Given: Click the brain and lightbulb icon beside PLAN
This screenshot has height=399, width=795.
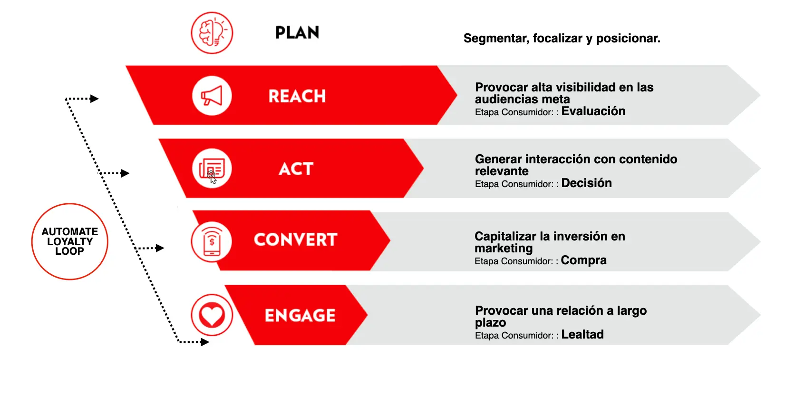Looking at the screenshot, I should pos(212,33).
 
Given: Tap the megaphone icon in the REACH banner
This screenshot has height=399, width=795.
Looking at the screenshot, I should pos(212,96).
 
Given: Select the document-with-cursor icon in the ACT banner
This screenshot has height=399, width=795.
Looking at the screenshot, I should pos(212,169).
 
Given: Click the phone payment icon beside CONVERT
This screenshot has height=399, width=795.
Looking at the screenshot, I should pos(212,241).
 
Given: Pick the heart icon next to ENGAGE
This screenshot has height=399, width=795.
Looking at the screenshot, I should pos(212,315).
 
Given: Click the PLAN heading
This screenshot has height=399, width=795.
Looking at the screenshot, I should pos(297,32).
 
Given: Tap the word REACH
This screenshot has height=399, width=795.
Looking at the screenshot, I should pos(297,96).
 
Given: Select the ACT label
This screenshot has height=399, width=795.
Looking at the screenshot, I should pos(296,169).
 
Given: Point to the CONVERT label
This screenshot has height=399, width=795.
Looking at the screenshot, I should pos(295,239).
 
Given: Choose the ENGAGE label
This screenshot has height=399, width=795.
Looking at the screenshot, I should pos(300,315).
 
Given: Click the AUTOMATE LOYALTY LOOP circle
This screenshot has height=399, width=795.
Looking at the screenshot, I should pos(70,241).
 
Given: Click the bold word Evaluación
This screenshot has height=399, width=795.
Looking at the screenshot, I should pos(593,111).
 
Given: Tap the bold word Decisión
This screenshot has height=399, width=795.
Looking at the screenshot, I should pos(586,183).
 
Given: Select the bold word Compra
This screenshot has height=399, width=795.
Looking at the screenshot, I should pos(583,260).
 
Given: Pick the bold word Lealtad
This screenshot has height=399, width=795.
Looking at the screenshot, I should pos(582,334).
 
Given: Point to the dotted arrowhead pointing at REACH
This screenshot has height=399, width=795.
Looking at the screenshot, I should pos(95,99).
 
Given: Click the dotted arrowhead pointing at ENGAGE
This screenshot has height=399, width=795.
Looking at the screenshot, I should pos(205,342).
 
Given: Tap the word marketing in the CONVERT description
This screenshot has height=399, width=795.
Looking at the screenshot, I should pos(504,248).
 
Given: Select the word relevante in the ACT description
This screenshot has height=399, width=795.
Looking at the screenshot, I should pos(502,171).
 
